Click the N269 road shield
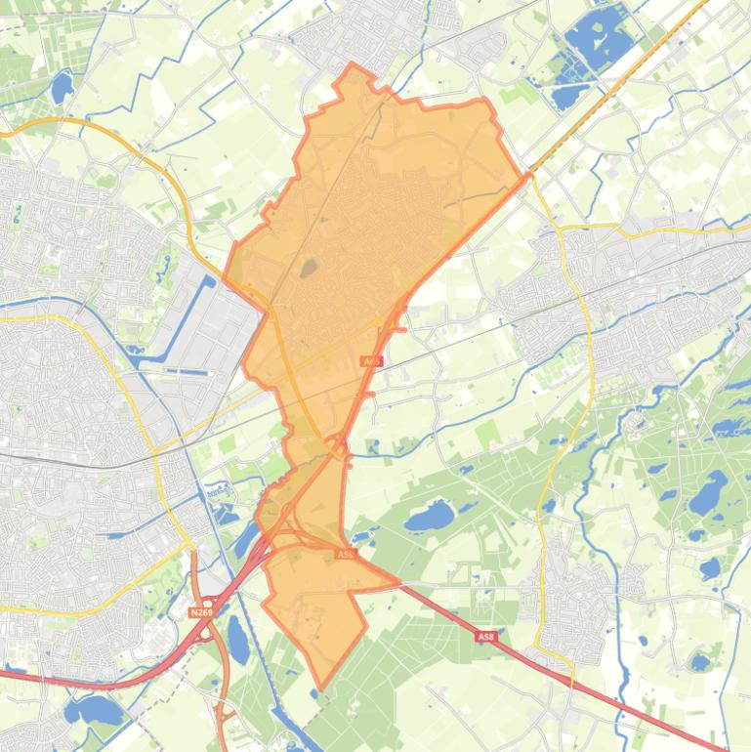(201, 612)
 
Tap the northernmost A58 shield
(371, 361)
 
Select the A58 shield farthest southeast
(486, 637)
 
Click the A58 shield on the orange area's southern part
(345, 554)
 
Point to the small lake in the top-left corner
(62, 89)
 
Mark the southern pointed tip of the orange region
(320, 689)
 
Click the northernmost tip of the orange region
(353, 65)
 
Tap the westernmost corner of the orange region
(225, 275)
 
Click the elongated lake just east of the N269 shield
(237, 640)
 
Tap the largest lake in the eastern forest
(708, 493)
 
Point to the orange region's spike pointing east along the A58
(397, 583)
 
